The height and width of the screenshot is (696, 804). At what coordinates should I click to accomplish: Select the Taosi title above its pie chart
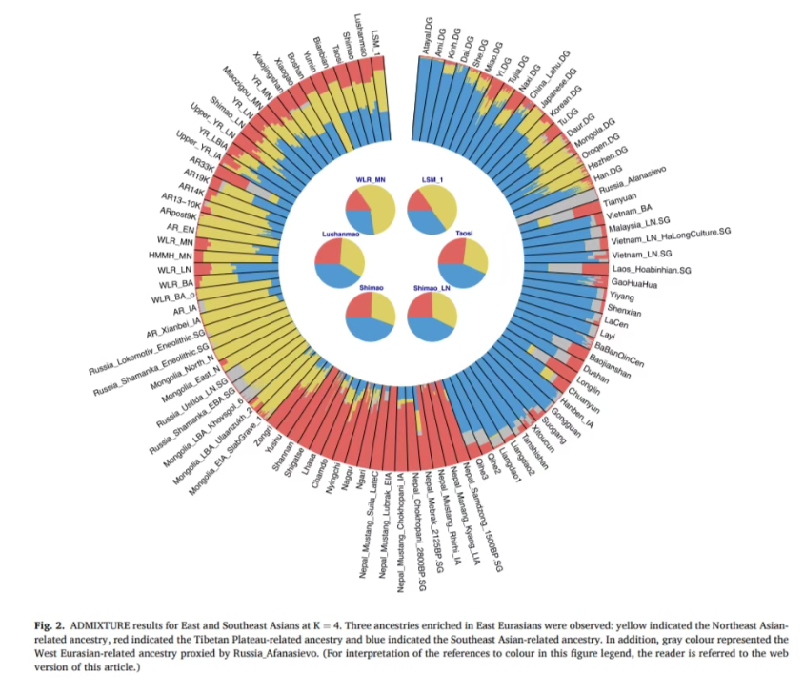461,232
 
